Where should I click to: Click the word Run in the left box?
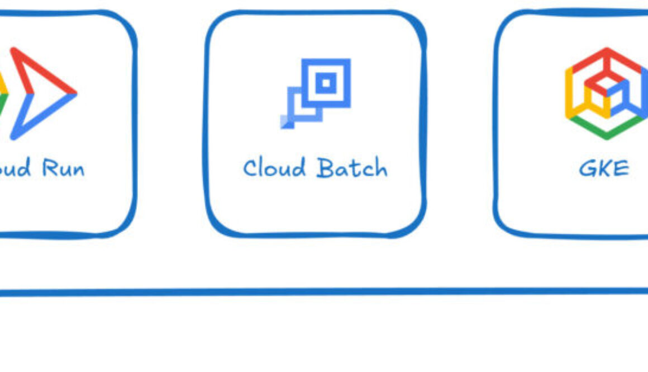point(63,168)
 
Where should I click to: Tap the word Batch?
point(351,168)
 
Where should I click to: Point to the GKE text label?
point(604,168)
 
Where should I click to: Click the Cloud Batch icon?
point(316,93)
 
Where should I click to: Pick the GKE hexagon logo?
point(606,93)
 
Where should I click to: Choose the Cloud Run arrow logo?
point(39,93)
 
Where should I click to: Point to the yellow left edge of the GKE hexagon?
point(569,93)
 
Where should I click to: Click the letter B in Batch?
point(325,168)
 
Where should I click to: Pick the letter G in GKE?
point(588,168)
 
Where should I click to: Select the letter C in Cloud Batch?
point(251,168)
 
